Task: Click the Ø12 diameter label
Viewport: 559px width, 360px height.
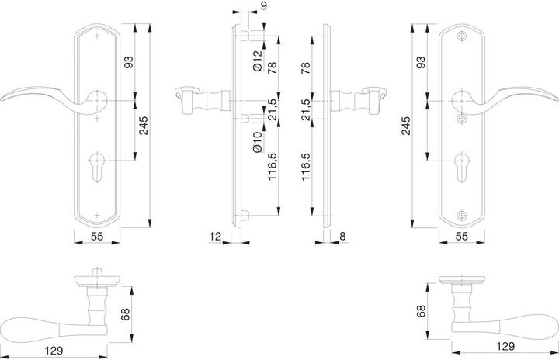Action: (258, 61)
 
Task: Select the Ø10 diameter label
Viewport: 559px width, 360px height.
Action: (258, 142)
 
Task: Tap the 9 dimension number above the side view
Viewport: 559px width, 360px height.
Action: (263, 5)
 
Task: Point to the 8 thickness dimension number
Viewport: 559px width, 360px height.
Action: (342, 236)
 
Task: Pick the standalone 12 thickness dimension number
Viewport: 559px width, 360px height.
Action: (215, 236)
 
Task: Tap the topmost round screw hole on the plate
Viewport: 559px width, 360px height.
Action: (462, 36)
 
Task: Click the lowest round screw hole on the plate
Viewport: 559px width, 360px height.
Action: (462, 215)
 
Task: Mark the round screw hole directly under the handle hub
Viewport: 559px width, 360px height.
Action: (462, 119)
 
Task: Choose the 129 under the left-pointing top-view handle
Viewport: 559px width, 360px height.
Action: (54, 351)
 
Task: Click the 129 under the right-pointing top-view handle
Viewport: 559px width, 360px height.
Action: (505, 346)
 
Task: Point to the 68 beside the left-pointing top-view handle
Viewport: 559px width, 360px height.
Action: (126, 314)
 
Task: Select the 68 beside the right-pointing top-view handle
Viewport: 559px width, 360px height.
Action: (421, 311)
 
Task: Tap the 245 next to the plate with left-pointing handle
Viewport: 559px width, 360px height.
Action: (144, 126)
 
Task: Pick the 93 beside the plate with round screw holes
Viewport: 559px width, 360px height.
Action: (421, 62)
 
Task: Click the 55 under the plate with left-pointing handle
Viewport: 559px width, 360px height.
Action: (97, 236)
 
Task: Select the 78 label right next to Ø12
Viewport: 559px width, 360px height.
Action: (272, 67)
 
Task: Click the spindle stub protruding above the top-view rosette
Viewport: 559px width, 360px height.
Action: (96, 272)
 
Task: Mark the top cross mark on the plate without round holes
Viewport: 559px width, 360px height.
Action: (97, 36)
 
